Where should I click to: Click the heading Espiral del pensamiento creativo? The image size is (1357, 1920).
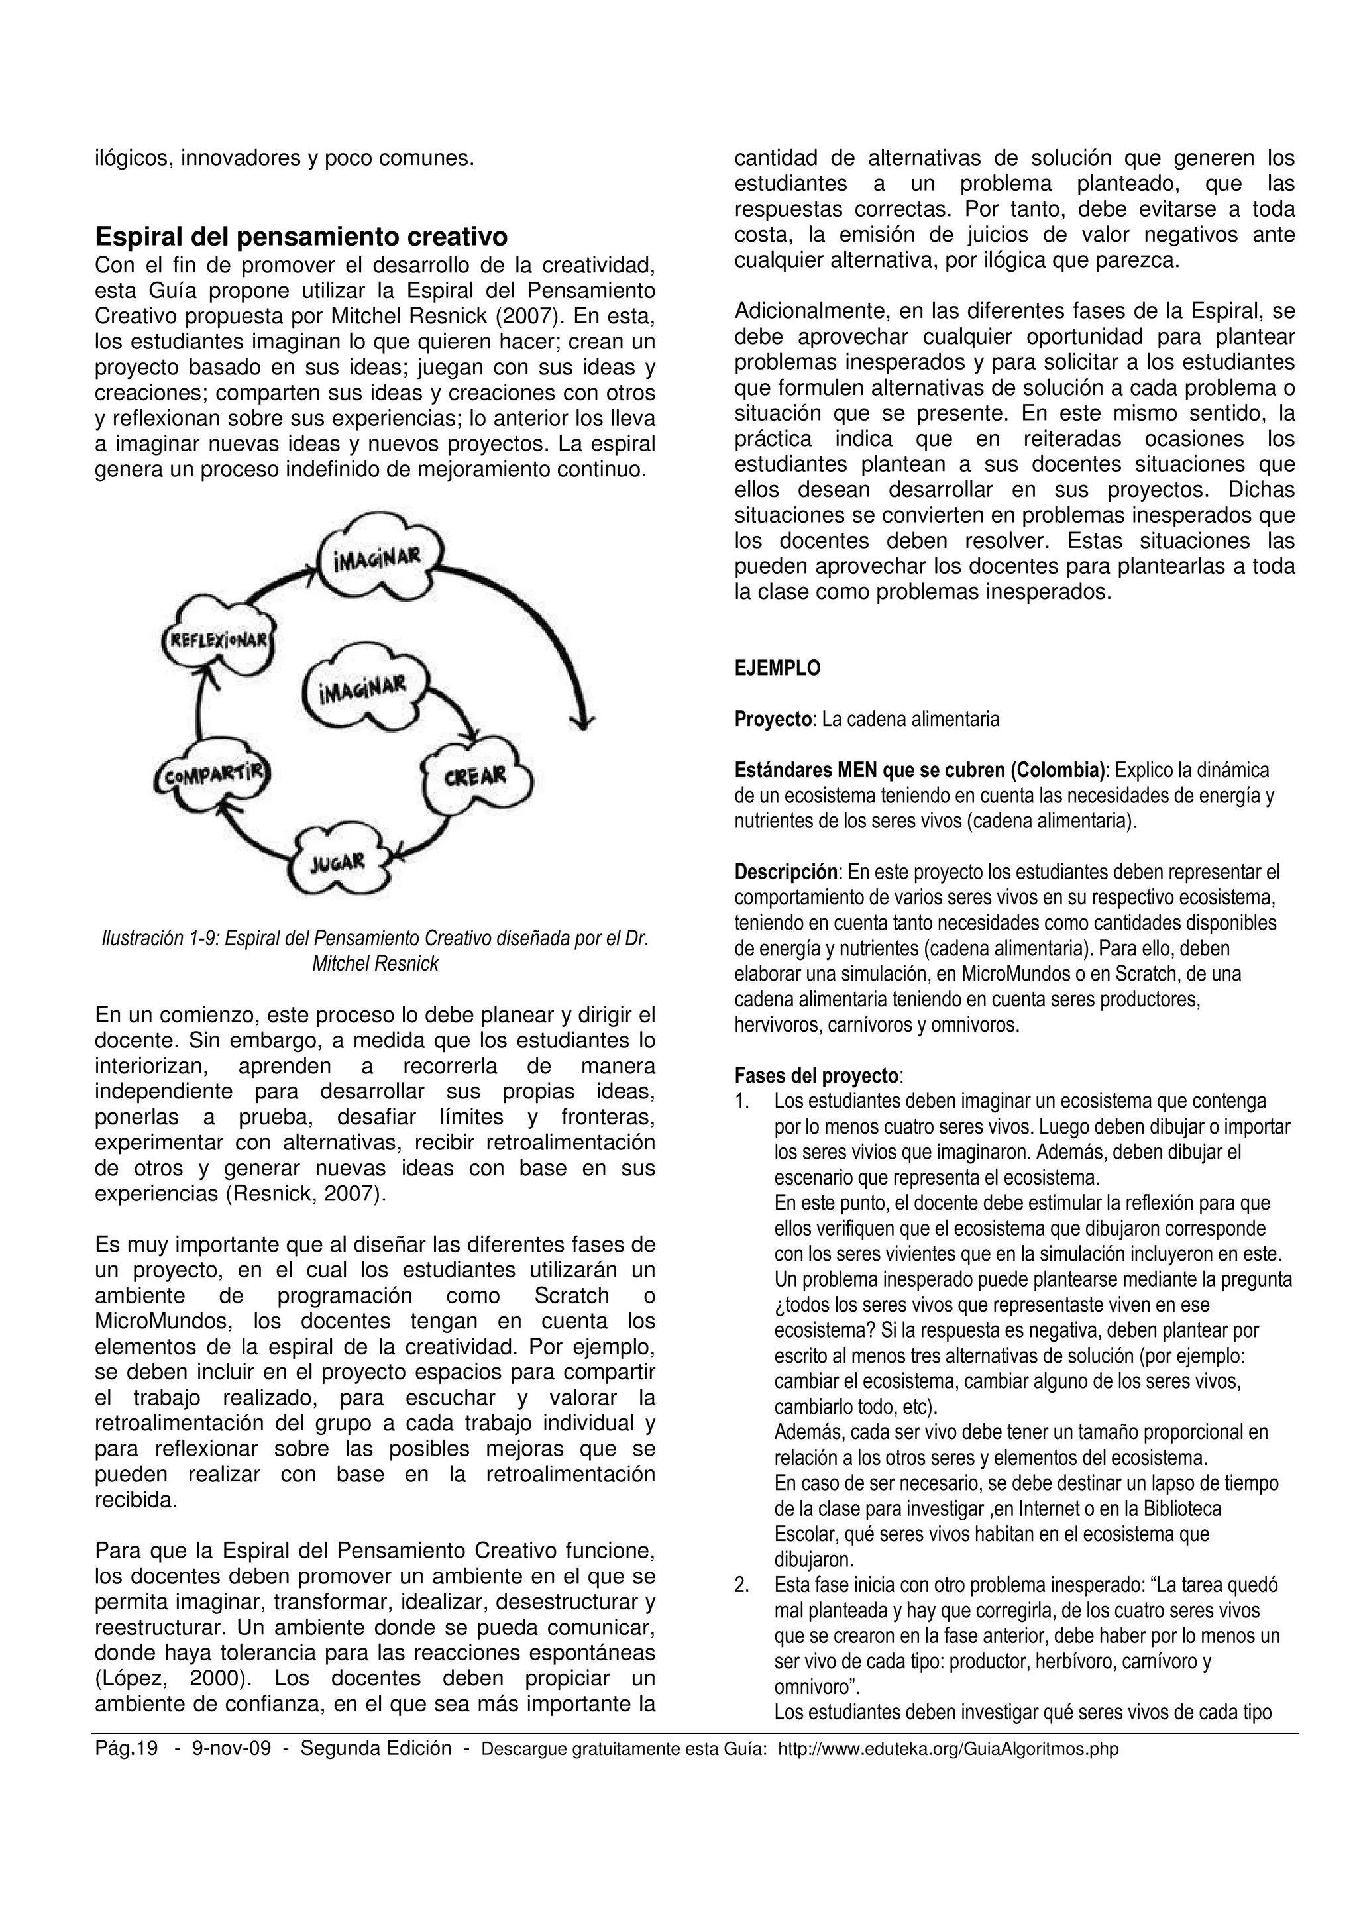[x=301, y=237]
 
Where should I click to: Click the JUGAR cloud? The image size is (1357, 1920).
[x=338, y=862]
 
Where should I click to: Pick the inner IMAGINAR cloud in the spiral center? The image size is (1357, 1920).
[x=362, y=688]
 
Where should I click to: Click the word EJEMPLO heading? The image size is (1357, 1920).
[x=778, y=668]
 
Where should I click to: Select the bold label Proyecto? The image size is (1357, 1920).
[x=773, y=719]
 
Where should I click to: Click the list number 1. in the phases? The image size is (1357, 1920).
[x=741, y=1101]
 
